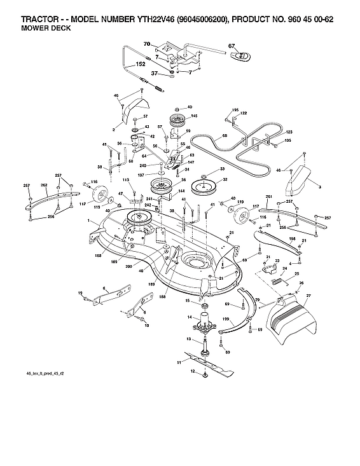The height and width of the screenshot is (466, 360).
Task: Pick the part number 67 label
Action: pyautogui.click(x=232, y=46)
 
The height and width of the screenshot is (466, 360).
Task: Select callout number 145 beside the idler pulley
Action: pyautogui.click(x=194, y=116)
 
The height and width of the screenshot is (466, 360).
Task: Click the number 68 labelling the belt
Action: pyautogui.click(x=216, y=136)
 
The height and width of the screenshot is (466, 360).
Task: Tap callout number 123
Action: pyautogui.click(x=280, y=130)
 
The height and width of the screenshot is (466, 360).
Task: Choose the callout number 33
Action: pyautogui.click(x=222, y=168)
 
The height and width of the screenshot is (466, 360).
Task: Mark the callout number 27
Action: pyautogui.click(x=308, y=296)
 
